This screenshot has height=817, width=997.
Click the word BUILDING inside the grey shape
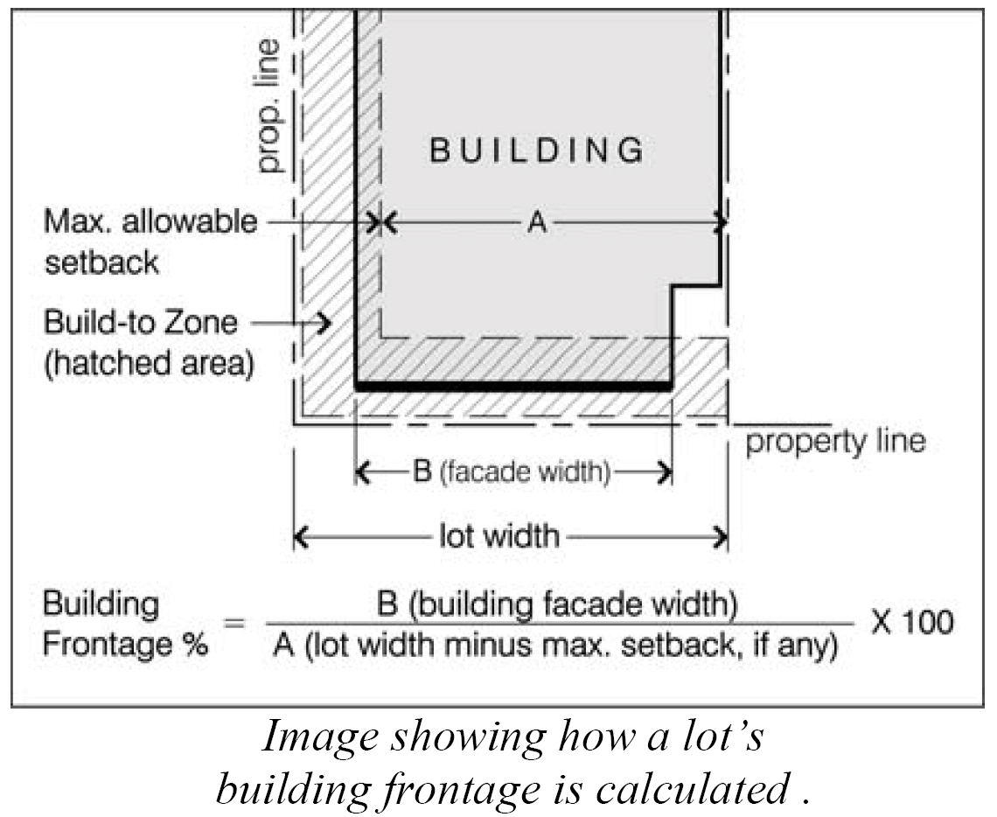pyautogui.click(x=537, y=150)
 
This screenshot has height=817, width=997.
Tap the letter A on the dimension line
pyautogui.click(x=537, y=224)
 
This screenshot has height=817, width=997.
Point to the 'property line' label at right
pyautogui.click(x=834, y=440)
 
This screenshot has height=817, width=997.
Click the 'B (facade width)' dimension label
pyautogui.click(x=511, y=473)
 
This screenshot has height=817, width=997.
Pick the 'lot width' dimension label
pyautogui.click(x=498, y=534)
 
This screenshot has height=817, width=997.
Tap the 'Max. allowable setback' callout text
pyautogui.click(x=150, y=241)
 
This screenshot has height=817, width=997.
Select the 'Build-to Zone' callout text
pyautogui.click(x=140, y=322)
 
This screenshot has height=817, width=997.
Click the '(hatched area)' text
pyautogui.click(x=149, y=362)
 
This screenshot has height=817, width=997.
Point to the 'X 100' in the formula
pyautogui.click(x=912, y=622)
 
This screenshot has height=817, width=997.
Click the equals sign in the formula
pyautogui.click(x=233, y=623)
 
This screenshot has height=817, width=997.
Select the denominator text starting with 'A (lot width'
pyautogui.click(x=555, y=646)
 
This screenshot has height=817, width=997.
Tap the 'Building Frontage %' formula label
pyautogui.click(x=125, y=625)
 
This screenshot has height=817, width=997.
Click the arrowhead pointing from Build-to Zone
pyautogui.click(x=325, y=323)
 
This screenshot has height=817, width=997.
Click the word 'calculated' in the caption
pyautogui.click(x=691, y=790)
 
